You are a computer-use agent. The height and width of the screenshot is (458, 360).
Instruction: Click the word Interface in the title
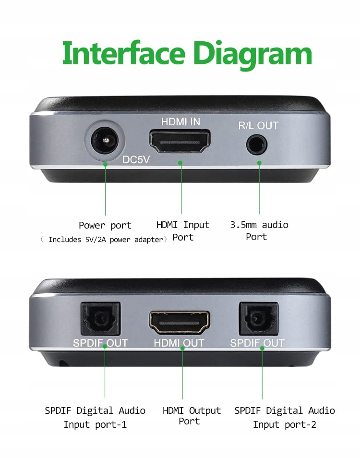pyautogui.click(x=124, y=53)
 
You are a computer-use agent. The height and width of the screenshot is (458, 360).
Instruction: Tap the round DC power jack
pyautogui.click(x=105, y=141)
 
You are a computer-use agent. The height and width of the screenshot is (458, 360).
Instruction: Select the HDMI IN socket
pyautogui.click(x=180, y=141)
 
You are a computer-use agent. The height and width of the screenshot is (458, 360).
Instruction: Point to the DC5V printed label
pyautogui.click(x=136, y=159)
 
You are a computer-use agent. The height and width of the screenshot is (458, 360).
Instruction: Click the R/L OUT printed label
pyautogui.click(x=258, y=126)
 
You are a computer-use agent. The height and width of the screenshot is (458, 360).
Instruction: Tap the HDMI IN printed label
pyautogui.click(x=180, y=122)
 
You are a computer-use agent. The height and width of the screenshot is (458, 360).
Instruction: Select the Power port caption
pyautogui.click(x=105, y=226)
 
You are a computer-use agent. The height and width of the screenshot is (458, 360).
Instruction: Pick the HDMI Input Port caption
pyautogui.click(x=183, y=231)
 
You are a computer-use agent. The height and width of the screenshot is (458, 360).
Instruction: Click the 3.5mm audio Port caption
pyautogui.click(x=259, y=230)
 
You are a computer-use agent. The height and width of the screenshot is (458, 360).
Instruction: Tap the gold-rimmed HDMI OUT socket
pyautogui.click(x=180, y=322)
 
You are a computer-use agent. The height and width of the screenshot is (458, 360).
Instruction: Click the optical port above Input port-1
pyautogui.click(x=100, y=319)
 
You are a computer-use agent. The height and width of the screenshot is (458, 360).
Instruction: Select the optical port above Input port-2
pyautogui.click(x=258, y=319)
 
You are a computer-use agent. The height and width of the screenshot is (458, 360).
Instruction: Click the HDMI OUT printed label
pyautogui.click(x=179, y=343)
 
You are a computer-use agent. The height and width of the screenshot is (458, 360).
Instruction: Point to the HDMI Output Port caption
pyautogui.click(x=192, y=416)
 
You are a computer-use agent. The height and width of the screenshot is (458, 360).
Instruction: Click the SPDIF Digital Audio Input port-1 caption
pyautogui.click(x=95, y=417)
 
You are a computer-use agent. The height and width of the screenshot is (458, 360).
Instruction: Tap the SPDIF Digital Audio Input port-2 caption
pyautogui.click(x=285, y=417)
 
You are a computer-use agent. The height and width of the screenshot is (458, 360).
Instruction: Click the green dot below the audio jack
pyautogui.click(x=259, y=163)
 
